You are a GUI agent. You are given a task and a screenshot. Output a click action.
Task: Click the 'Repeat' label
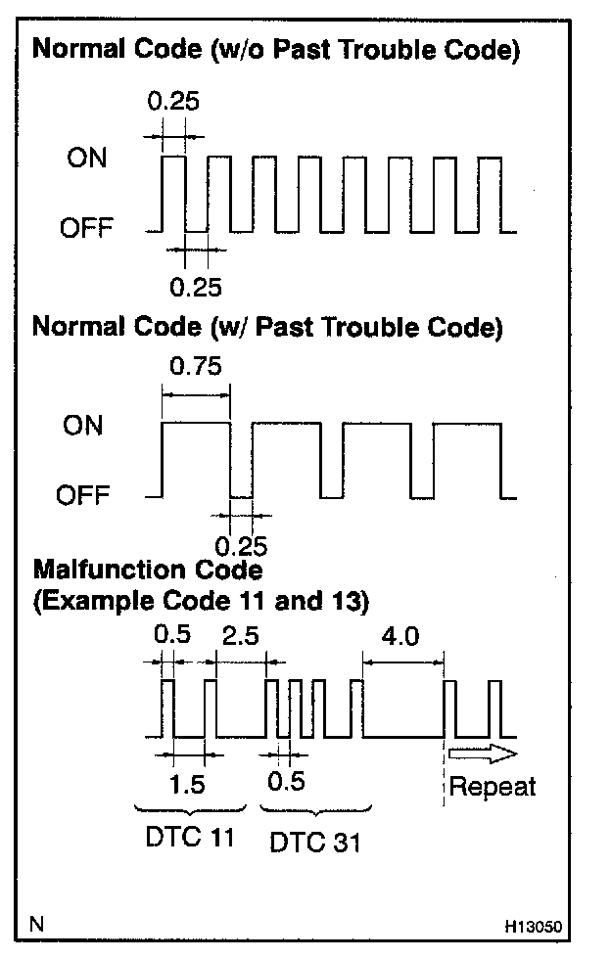493,786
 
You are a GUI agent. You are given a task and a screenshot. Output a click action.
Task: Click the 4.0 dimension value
399,636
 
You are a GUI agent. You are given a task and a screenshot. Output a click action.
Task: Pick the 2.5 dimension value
241,636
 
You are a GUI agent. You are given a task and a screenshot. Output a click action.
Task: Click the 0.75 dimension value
196,367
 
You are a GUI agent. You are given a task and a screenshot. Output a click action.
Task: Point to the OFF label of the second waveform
85,496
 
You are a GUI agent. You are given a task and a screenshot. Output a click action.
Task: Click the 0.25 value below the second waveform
241,544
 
